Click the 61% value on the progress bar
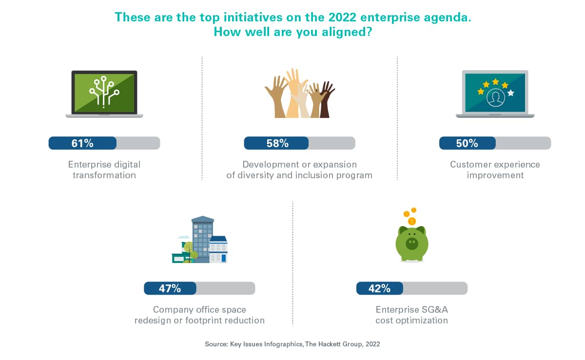[x=82, y=143]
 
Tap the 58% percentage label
[x=277, y=143]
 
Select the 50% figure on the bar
[x=467, y=143]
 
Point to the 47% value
[x=170, y=288]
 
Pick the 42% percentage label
[x=379, y=288]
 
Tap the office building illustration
[x=200, y=239]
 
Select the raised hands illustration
[x=299, y=93]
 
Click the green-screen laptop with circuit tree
[x=104, y=94]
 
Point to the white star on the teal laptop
[x=510, y=93]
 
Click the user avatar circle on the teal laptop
[x=495, y=97]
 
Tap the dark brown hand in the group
[x=326, y=99]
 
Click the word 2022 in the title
[x=342, y=18]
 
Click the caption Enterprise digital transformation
[x=104, y=170]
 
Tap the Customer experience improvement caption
[x=495, y=170]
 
